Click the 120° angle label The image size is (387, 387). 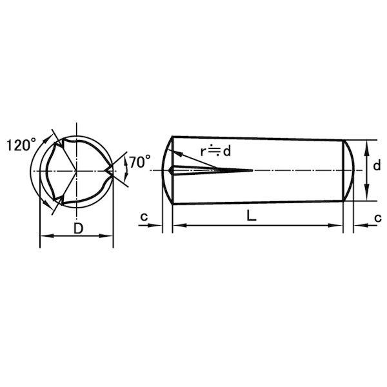coord(21,145)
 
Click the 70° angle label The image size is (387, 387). coord(140,162)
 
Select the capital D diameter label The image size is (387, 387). coord(78,228)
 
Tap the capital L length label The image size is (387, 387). coord(252,216)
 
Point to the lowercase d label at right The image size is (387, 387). coord(377,166)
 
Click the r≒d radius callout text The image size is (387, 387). coord(215,151)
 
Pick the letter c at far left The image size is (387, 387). coord(144,217)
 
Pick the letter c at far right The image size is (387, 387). coord(378,218)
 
